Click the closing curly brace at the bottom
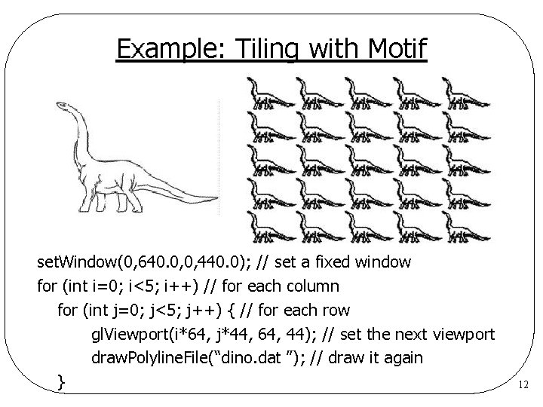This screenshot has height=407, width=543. coord(63,383)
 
